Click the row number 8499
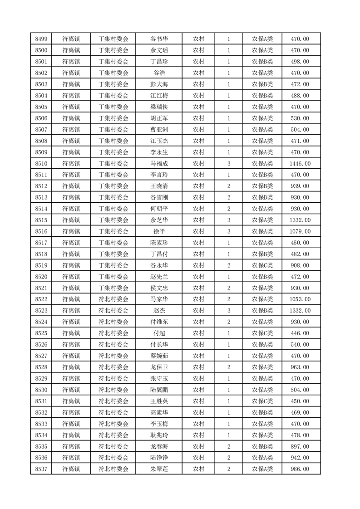click(41, 39)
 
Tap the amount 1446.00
click(300, 163)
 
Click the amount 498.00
click(300, 62)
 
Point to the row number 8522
click(41, 299)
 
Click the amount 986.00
click(300, 469)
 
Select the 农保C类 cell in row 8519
click(262, 265)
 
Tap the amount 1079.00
click(300, 231)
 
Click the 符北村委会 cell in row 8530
click(113, 390)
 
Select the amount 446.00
click(300, 333)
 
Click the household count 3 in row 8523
click(228, 310)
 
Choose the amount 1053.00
click(300, 299)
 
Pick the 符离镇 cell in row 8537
click(71, 469)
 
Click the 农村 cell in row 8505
click(198, 107)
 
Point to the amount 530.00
click(300, 118)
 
